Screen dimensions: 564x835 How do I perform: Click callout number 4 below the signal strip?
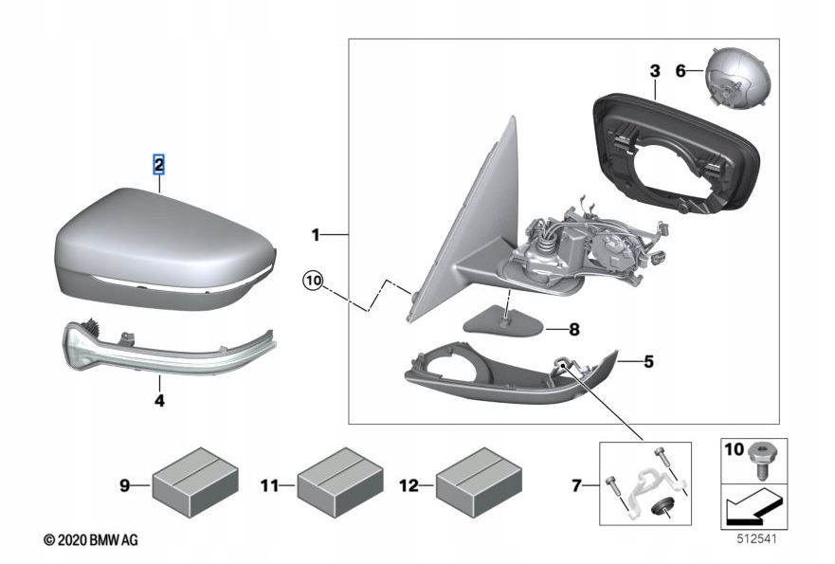point(159,401)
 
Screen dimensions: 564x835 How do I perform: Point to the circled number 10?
point(314,281)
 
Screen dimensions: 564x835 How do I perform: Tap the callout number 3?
point(654,70)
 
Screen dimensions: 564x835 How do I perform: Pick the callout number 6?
point(680,70)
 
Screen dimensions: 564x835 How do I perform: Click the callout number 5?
point(648,361)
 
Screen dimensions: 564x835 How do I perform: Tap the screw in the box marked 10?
point(759,459)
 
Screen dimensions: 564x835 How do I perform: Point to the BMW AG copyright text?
point(90,539)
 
